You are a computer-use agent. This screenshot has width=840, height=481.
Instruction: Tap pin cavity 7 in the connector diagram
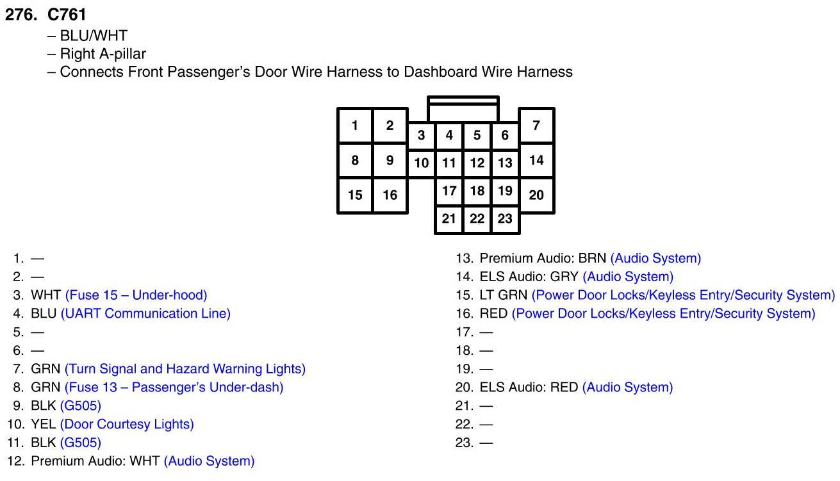(536, 125)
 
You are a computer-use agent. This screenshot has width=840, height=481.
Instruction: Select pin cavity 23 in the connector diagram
(505, 218)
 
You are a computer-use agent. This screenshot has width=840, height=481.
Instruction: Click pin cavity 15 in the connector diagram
(355, 195)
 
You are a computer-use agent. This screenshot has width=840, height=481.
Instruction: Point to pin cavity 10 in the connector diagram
(421, 163)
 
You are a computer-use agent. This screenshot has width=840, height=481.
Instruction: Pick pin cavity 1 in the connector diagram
(355, 126)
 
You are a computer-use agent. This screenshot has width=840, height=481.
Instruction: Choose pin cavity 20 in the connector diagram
(536, 195)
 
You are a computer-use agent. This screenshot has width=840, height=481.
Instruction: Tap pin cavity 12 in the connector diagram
(477, 163)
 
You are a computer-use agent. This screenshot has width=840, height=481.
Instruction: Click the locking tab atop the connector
(463, 109)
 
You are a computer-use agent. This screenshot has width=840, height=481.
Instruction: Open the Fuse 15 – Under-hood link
(136, 295)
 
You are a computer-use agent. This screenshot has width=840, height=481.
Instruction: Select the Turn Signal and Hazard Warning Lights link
(185, 369)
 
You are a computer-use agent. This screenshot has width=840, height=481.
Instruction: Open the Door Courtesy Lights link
(127, 424)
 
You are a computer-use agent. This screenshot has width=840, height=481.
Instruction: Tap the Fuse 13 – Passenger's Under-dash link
(174, 387)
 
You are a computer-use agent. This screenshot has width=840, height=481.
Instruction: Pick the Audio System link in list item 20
(627, 387)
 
